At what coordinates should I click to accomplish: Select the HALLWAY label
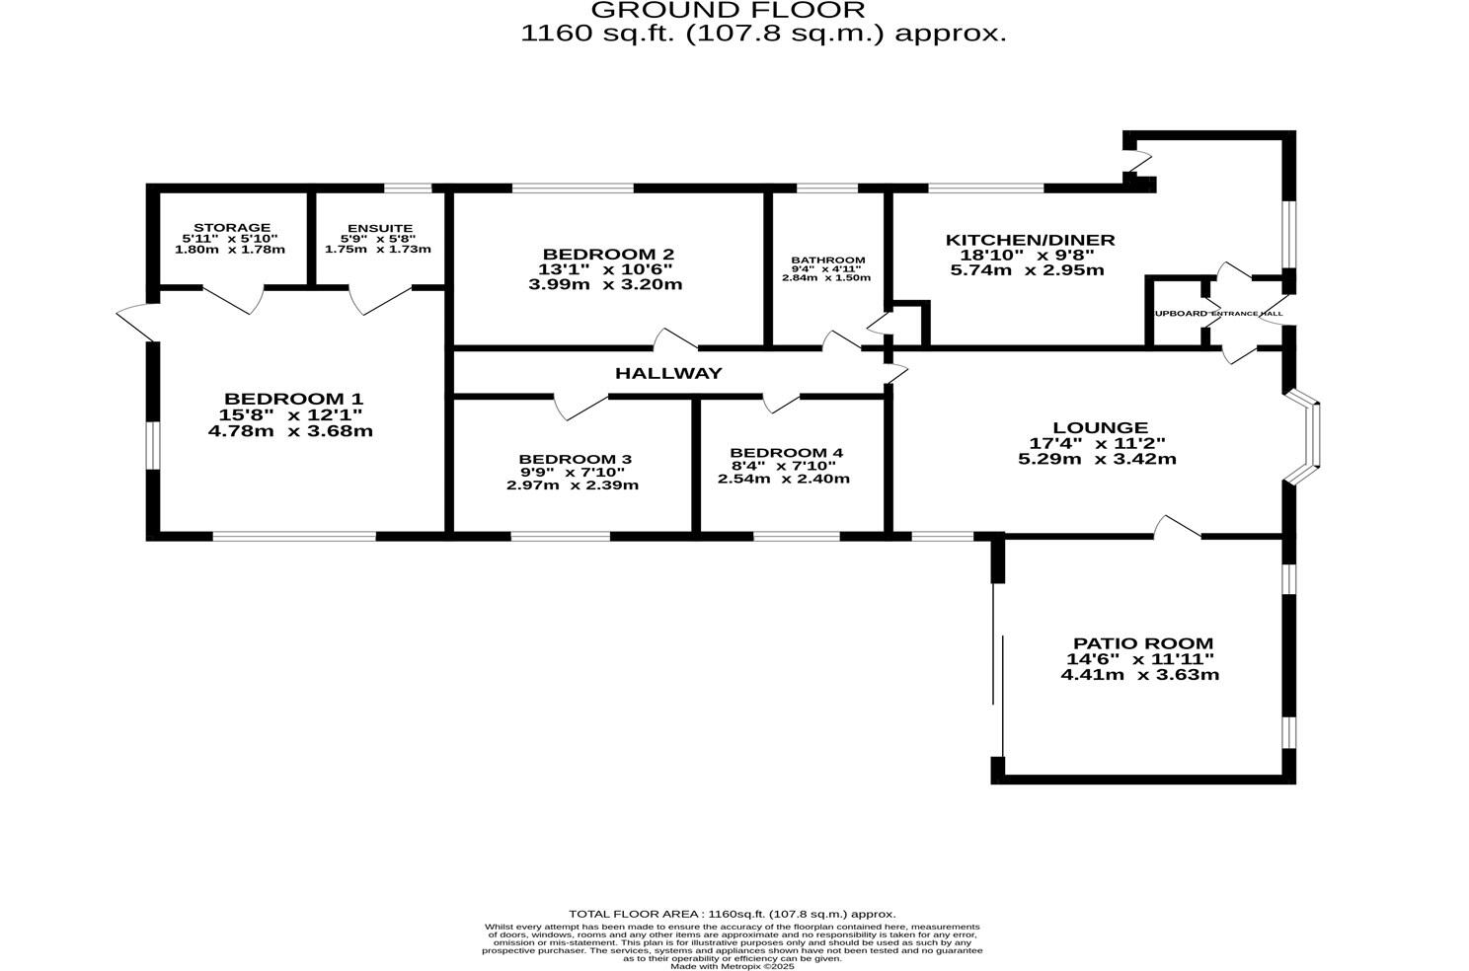coord(668,373)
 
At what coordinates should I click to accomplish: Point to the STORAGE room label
coord(232,228)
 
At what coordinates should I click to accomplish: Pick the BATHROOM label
coord(827,261)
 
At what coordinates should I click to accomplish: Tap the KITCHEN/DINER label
coord(1030,240)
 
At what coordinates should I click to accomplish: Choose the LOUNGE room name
coord(1099,427)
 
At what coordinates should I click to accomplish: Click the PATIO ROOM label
coord(1143,643)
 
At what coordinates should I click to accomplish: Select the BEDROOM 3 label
coord(575,459)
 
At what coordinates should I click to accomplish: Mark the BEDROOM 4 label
coord(786,453)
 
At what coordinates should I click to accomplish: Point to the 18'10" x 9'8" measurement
coord(1021,255)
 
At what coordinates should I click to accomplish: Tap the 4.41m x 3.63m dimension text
coord(1139,675)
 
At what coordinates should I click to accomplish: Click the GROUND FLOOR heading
coord(728,11)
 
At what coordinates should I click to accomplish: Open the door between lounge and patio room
coord(1177,529)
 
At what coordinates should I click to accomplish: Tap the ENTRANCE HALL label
coord(1247,314)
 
